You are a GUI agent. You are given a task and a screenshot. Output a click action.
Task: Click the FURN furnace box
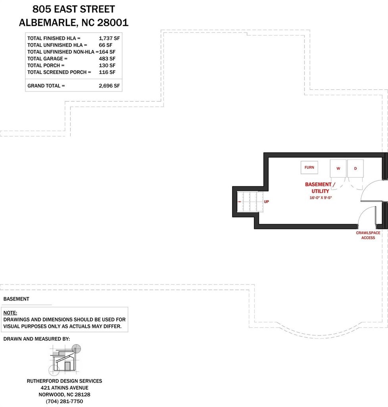click(309, 167)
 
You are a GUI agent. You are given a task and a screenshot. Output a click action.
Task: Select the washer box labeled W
click(338, 169)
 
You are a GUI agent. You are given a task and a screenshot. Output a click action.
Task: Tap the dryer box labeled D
click(355, 169)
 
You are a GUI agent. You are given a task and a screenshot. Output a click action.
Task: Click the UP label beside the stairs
click(266, 202)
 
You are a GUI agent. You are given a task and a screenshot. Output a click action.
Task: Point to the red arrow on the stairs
click(240, 202)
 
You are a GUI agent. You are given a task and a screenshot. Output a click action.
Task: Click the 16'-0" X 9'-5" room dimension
click(321, 198)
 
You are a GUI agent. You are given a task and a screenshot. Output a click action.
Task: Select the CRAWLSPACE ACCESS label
click(368, 235)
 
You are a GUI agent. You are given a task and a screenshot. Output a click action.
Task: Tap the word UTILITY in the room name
click(320, 191)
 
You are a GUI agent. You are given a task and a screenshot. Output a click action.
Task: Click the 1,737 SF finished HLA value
click(109, 38)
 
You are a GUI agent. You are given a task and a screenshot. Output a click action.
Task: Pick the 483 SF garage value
click(107, 59)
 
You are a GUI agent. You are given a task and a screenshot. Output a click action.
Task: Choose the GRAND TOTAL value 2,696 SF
click(109, 86)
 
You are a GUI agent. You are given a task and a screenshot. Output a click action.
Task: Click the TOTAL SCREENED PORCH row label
click(59, 72)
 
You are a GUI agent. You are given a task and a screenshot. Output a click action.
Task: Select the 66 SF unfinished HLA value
click(106, 45)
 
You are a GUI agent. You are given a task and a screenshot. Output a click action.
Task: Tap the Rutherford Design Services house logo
click(65, 359)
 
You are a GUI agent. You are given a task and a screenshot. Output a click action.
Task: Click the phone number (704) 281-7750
click(65, 401)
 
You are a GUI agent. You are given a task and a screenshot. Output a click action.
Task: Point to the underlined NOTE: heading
click(10, 313)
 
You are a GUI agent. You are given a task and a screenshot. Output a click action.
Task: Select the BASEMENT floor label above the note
click(16, 299)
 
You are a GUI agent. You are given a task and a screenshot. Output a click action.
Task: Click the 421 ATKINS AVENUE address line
click(65, 388)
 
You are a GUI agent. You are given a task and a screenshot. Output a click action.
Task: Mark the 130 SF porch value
click(107, 66)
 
